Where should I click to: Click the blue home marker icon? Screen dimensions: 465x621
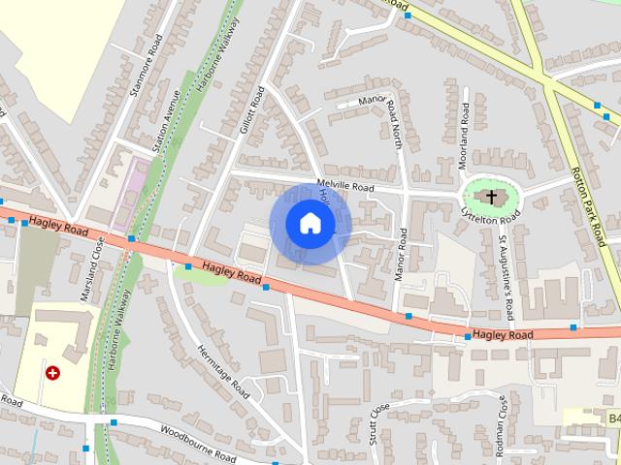[310, 223]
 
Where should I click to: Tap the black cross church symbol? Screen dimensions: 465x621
[491, 198]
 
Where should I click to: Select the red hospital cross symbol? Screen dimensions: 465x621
[52, 372]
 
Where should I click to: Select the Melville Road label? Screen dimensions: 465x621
[344, 188]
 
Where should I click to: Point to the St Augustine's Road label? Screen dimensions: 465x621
[506, 264]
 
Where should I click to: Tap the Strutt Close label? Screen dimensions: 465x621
[376, 423]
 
